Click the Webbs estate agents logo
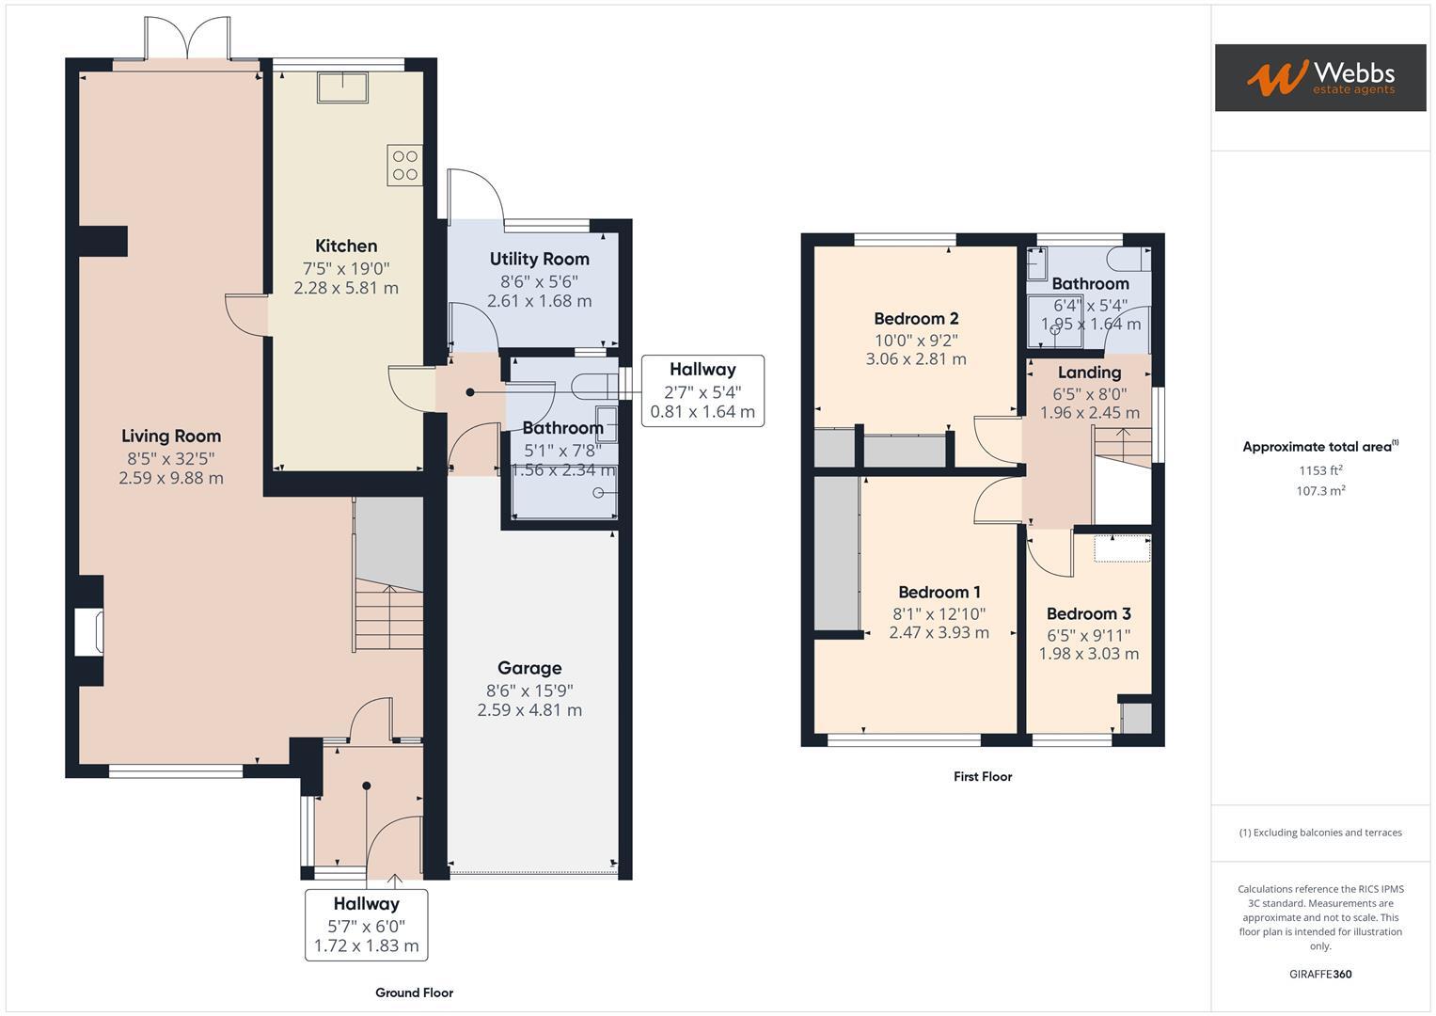(x=1319, y=77)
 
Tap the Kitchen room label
(x=346, y=246)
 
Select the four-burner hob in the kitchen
(x=405, y=166)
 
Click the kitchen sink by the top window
(x=342, y=87)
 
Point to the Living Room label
(x=171, y=437)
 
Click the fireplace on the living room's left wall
(x=89, y=631)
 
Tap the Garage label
(x=529, y=669)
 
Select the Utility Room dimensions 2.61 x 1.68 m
(x=539, y=301)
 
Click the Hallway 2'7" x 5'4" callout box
(x=702, y=390)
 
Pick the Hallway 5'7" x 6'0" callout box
(x=366, y=925)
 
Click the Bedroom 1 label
(x=939, y=593)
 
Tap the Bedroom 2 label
(x=916, y=319)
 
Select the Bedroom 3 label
(x=1088, y=614)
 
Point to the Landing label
(x=1089, y=373)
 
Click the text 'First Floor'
(x=982, y=777)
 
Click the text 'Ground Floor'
(x=414, y=992)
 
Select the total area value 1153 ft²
(x=1320, y=470)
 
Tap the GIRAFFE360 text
(x=1319, y=975)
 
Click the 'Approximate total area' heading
(x=1319, y=447)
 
